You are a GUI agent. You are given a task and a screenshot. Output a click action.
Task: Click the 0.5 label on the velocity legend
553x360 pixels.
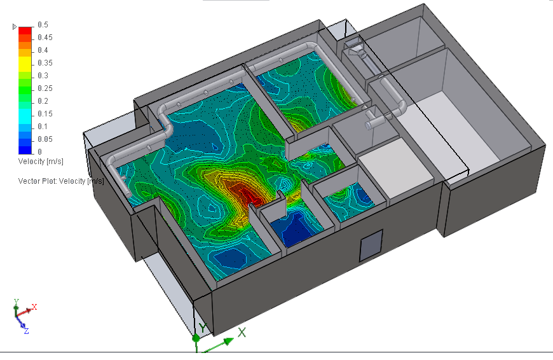(x=43, y=25)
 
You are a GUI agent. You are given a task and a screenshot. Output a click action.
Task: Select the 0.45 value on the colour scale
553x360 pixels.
(x=45, y=38)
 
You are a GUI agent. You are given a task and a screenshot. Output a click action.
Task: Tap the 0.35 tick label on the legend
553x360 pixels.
(x=45, y=63)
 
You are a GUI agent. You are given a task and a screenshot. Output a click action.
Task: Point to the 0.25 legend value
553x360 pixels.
(x=45, y=88)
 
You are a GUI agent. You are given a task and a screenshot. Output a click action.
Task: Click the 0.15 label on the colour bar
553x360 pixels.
(x=45, y=114)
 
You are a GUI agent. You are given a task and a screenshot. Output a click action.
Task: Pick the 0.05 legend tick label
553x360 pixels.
(x=45, y=139)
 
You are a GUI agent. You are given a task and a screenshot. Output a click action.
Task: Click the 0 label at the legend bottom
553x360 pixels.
(x=39, y=152)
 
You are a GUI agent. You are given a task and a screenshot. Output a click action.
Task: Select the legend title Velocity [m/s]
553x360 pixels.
(x=41, y=162)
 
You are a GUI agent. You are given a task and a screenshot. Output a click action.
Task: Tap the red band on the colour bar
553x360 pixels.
(x=25, y=31)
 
